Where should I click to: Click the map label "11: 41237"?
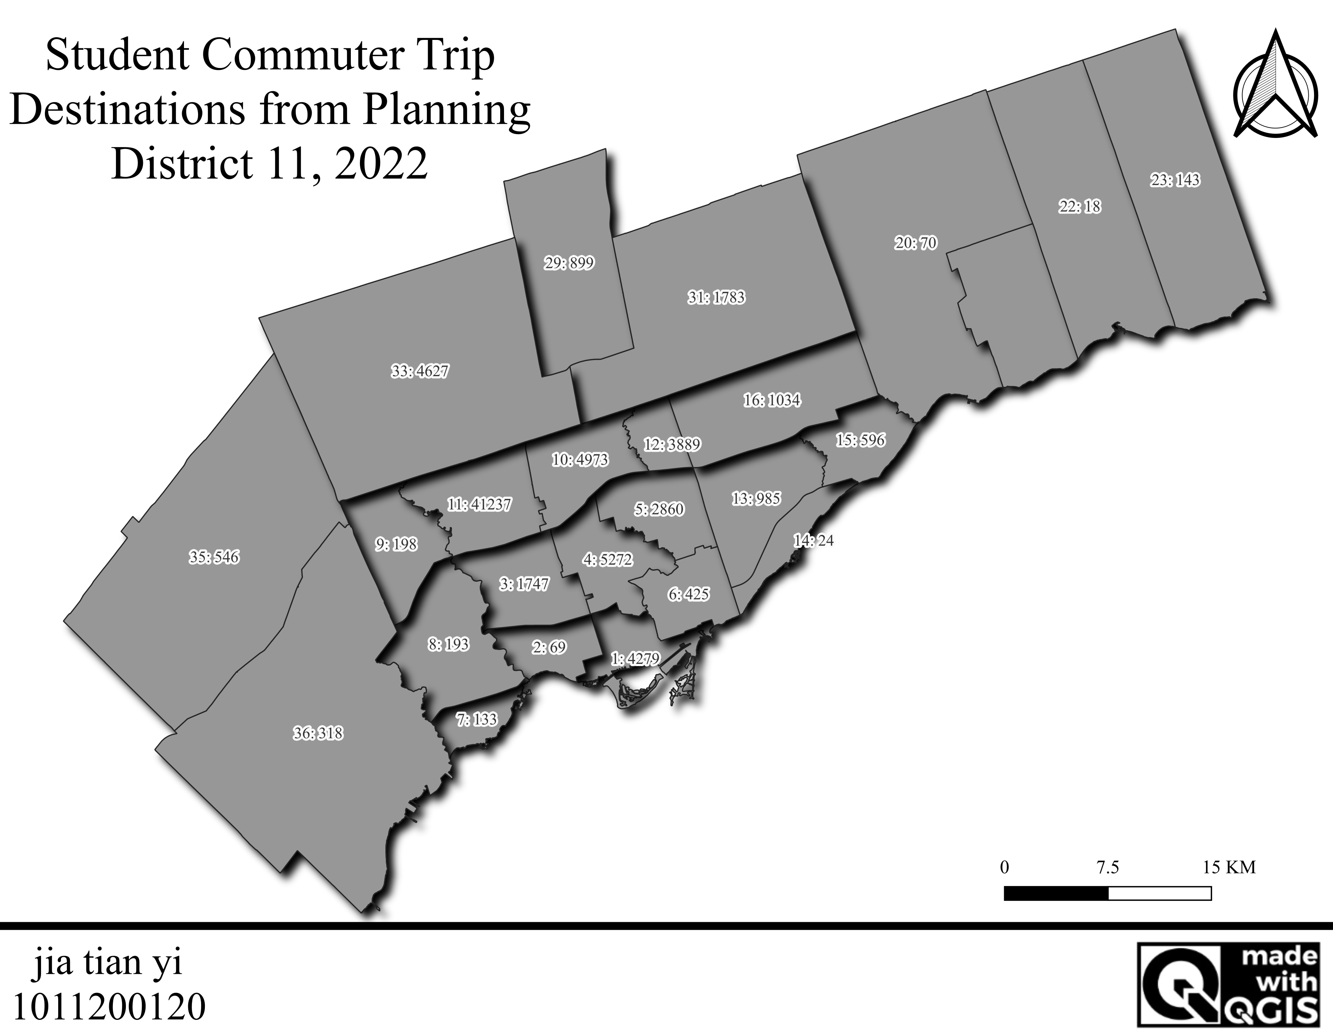tap(479, 505)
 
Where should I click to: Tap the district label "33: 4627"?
tap(420, 371)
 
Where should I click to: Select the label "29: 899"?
tap(569, 263)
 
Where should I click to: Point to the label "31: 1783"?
tap(716, 298)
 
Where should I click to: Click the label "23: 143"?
tap(1175, 180)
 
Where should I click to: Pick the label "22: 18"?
tap(1080, 207)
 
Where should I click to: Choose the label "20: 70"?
tap(916, 243)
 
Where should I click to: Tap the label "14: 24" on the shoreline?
tap(813, 540)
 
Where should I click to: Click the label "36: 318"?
tap(318, 733)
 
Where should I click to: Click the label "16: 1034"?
tap(772, 400)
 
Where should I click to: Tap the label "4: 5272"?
tap(608, 560)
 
